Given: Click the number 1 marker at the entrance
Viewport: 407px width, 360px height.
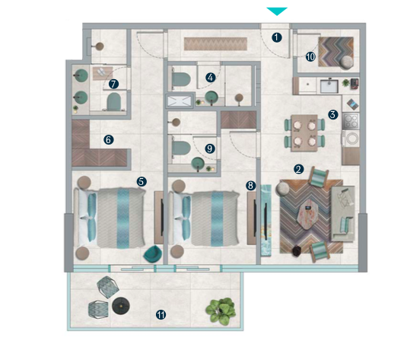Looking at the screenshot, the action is click(277, 37).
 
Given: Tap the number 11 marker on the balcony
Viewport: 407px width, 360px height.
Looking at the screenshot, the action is click(161, 315).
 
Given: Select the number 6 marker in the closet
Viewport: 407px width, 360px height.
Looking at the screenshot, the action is click(109, 140).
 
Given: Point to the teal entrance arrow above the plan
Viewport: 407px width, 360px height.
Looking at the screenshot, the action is click(277, 11).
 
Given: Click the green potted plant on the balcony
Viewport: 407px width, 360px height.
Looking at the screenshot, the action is click(221, 311).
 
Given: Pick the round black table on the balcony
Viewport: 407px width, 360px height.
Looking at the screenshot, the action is click(121, 306).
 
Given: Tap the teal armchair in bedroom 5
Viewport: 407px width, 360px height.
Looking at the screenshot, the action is click(153, 254).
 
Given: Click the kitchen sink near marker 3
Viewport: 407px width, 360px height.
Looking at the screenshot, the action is click(329, 86).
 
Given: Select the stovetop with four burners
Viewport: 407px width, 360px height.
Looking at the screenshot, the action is click(351, 121).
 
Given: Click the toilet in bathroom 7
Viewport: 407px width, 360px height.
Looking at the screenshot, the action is click(114, 101).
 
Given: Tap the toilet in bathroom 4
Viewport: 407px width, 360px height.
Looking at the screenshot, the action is click(181, 79).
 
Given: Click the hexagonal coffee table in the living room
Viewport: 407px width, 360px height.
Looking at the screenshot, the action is click(309, 214).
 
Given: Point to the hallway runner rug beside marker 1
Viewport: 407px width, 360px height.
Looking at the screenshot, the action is click(215, 44).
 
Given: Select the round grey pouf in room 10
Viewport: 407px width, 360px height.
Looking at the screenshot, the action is click(347, 62).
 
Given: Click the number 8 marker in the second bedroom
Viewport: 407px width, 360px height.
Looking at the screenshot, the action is click(250, 186).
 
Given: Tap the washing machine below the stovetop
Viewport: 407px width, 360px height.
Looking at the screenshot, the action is click(351, 139).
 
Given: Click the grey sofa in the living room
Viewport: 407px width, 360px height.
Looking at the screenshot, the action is click(342, 214).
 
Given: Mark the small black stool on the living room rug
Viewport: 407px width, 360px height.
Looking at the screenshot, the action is click(297, 250).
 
